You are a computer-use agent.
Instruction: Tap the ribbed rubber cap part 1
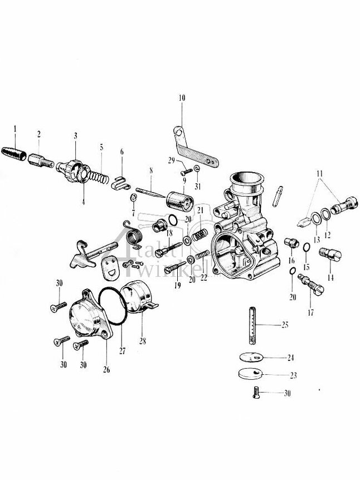coord(16,153)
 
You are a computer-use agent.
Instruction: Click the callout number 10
coord(181,98)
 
